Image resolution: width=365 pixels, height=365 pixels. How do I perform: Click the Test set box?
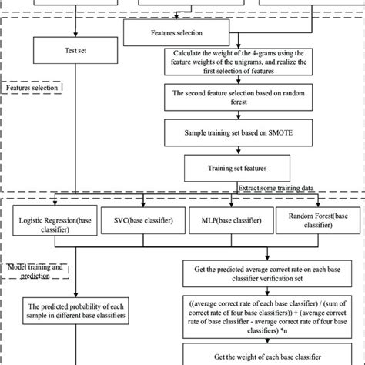[75, 51]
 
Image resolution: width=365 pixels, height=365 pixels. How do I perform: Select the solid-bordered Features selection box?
[174, 34]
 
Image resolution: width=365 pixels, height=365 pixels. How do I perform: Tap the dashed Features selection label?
[33, 89]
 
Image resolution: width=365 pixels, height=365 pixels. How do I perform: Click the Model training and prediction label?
[35, 270]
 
